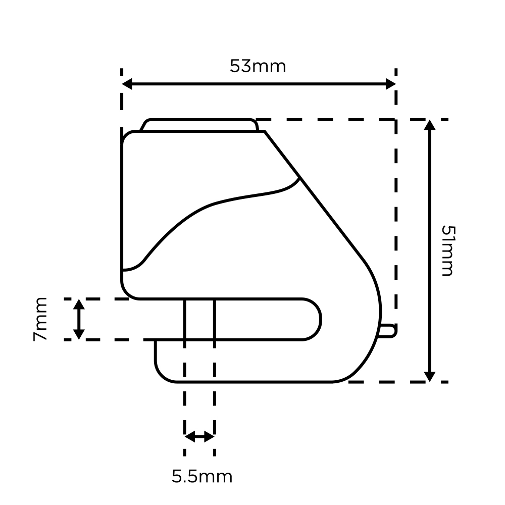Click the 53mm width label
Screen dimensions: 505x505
tap(258, 66)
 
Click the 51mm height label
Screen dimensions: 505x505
tap(448, 250)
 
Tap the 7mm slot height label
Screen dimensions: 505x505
tap(40, 319)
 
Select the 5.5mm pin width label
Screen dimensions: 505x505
tap(202, 477)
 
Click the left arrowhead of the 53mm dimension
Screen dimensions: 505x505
tap(127, 84)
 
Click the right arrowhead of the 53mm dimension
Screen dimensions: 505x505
tap(391, 84)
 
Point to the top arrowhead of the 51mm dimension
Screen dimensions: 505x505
tap(430, 125)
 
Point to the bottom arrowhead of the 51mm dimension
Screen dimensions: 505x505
tap(430, 377)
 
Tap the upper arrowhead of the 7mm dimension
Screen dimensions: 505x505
tap(79, 305)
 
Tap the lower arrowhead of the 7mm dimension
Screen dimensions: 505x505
tap(79, 334)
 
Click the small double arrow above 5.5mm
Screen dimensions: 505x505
tap(199, 437)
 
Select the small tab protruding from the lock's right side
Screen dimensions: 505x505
tap(387, 331)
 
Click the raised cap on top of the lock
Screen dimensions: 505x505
tap(199, 125)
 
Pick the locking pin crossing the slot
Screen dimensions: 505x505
tap(199, 319)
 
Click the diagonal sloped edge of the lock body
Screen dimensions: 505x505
tap(314, 195)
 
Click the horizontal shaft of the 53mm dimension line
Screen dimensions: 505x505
tap(259, 84)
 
